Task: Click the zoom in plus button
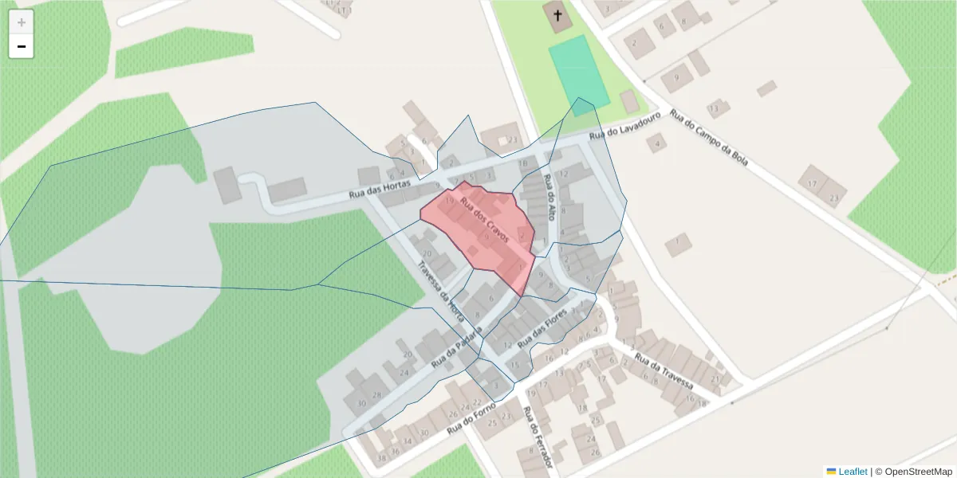tap(22, 22)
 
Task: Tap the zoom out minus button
tap(22, 47)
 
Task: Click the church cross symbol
tap(557, 15)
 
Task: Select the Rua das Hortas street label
tap(380, 190)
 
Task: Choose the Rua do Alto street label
tap(549, 197)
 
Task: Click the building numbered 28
tap(376, 395)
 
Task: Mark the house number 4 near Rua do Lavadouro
tap(658, 144)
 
